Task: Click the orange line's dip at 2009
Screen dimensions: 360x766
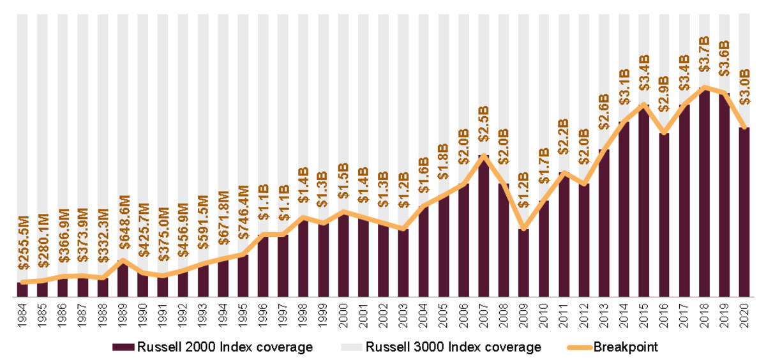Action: (523, 229)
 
